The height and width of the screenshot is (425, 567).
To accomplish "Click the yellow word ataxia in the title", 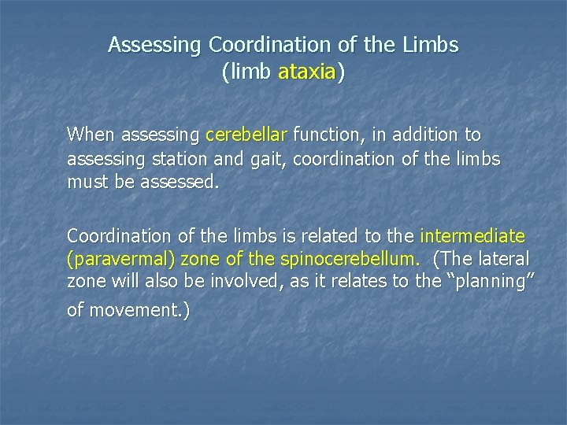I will pyautogui.click(x=307, y=73).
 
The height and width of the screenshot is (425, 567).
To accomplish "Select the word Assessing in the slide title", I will pyautogui.click(x=154, y=46).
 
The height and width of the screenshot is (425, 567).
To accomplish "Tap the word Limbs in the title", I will pyautogui.click(x=432, y=45).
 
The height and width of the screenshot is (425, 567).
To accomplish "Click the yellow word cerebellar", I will pyautogui.click(x=247, y=135).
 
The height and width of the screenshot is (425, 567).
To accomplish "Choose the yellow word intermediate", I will pyautogui.click(x=472, y=235).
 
